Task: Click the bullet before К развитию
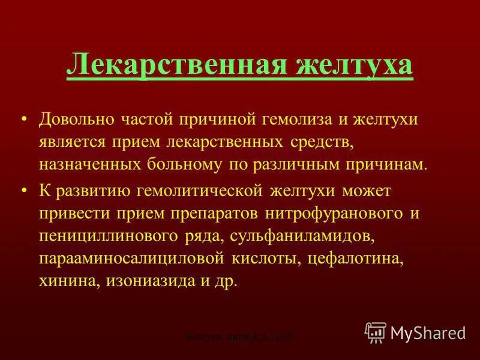point(23,190)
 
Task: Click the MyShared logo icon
point(376,331)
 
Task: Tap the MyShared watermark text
point(427,332)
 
